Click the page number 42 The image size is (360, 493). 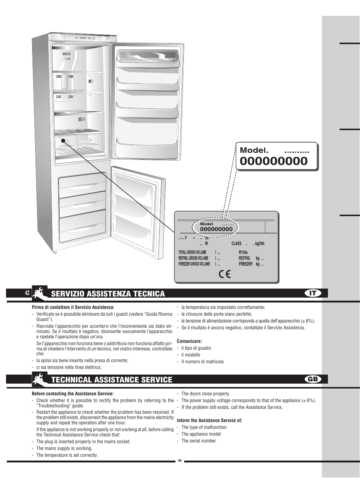coord(27,293)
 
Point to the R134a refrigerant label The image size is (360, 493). coord(243,253)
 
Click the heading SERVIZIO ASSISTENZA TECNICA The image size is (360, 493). coord(108,294)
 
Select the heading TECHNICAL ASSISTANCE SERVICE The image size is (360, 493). coord(112,380)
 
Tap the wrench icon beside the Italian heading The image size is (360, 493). coord(40,293)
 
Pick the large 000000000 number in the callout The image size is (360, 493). coord(274,161)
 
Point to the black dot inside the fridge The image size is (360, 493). coord(63,140)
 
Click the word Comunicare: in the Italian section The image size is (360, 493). coord(189,341)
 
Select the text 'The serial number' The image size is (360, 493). coord(198,441)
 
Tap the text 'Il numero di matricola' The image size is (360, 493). coord(202,361)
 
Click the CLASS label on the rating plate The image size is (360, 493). coord(236,244)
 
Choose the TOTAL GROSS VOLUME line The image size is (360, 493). coord(192,252)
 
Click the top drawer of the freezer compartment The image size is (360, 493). coord(82,182)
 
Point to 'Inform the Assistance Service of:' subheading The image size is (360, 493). coord(209,420)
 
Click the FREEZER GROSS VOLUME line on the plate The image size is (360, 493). coord(194,264)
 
